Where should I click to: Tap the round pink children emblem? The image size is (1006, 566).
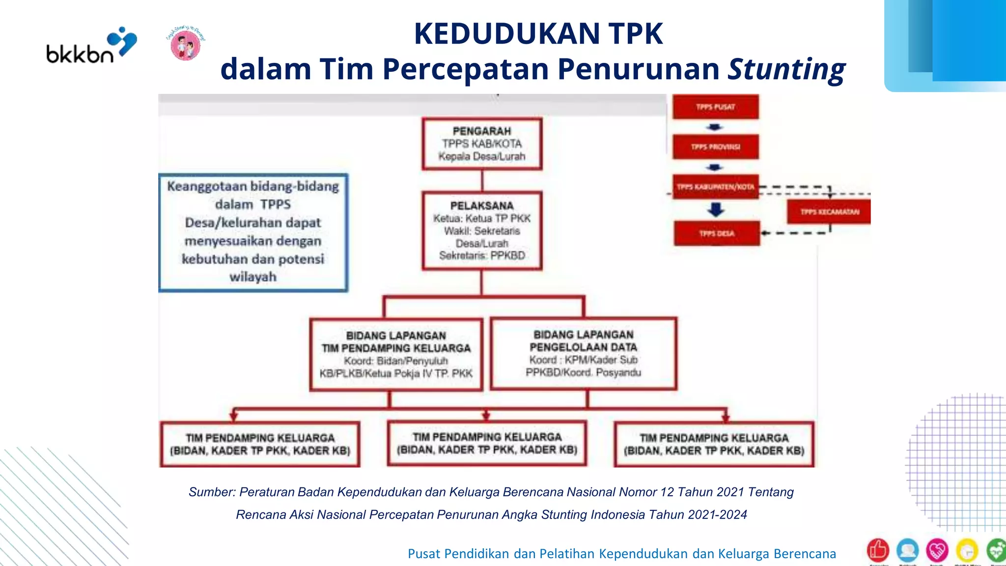tap(185, 44)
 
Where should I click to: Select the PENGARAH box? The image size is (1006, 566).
tap(482, 143)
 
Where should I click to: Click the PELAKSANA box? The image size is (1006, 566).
tap(482, 230)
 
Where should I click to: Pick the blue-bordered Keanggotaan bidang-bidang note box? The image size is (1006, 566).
tap(253, 232)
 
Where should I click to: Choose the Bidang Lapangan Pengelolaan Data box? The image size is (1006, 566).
tap(584, 353)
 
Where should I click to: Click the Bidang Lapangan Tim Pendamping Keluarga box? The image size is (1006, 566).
tap(396, 354)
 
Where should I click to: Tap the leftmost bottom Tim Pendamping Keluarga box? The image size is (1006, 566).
tap(260, 444)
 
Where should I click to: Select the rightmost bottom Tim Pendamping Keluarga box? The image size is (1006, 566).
tap(714, 444)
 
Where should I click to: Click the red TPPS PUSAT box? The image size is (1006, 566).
tap(715, 107)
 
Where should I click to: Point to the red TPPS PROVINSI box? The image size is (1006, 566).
tap(715, 146)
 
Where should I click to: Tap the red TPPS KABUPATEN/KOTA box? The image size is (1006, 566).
tap(715, 187)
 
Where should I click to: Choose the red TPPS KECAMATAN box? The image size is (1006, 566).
tap(829, 212)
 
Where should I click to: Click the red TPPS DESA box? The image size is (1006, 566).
tap(716, 233)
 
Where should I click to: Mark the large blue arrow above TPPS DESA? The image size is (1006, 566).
tap(716, 210)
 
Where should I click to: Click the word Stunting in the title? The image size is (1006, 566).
tap(786, 69)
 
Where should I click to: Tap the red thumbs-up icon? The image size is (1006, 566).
tap(878, 550)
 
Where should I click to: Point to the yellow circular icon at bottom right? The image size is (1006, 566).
tap(967, 551)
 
